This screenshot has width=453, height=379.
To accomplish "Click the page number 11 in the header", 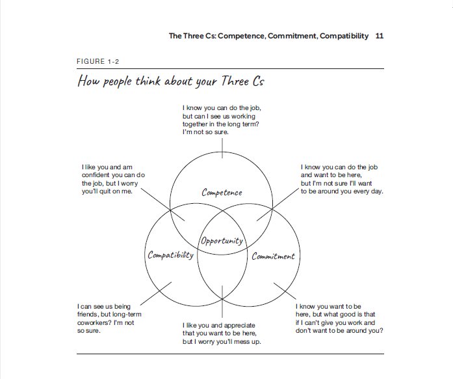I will [x=380, y=36].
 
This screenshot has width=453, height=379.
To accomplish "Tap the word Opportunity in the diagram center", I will [x=222, y=240].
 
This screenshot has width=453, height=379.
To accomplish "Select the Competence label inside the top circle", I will [x=222, y=192].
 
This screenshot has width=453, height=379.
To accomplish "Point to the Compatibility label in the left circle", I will [x=170, y=255].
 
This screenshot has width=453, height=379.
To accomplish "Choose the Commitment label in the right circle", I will [x=273, y=256].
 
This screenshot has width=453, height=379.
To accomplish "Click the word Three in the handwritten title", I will [x=221, y=81].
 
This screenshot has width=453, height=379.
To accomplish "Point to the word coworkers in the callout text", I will [x=98, y=322].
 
